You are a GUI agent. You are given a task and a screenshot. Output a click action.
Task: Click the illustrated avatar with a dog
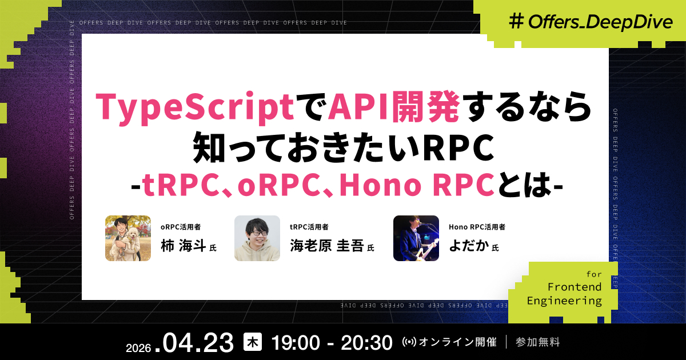pyautogui.click(x=128, y=238)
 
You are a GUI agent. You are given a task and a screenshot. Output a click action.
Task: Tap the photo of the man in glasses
pyautogui.click(x=257, y=238)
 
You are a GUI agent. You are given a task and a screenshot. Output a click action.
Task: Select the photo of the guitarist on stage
pyautogui.click(x=416, y=238)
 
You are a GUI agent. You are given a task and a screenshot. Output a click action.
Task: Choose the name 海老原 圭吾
pyautogui.click(x=326, y=247)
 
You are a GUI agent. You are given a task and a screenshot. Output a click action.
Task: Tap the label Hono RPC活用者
pyautogui.click(x=477, y=227)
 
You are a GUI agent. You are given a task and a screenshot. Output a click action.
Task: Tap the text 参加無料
pyautogui.click(x=537, y=342)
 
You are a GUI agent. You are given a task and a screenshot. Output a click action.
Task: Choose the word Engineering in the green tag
pyautogui.click(x=564, y=301)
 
